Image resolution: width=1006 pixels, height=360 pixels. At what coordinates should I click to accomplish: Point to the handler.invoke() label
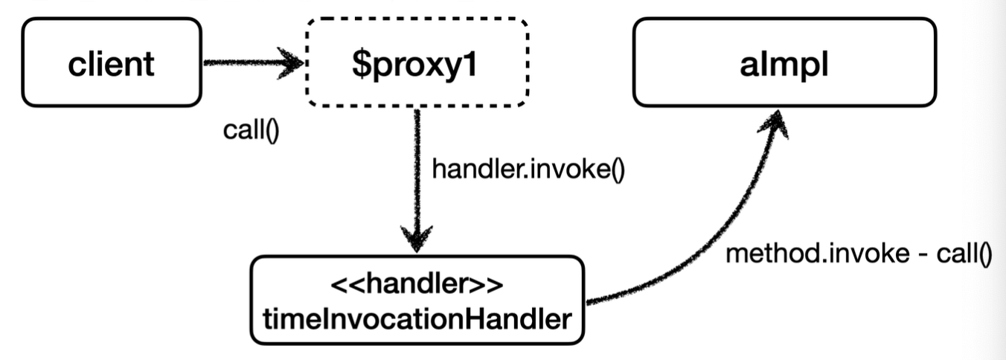[x=528, y=170]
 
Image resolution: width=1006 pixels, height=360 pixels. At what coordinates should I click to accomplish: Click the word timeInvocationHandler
[x=416, y=319]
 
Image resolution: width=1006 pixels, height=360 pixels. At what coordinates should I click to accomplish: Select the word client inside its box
[x=112, y=64]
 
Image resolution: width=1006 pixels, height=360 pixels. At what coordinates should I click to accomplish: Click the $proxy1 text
[x=417, y=65]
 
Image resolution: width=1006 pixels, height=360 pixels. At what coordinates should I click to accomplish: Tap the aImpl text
[x=784, y=64]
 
